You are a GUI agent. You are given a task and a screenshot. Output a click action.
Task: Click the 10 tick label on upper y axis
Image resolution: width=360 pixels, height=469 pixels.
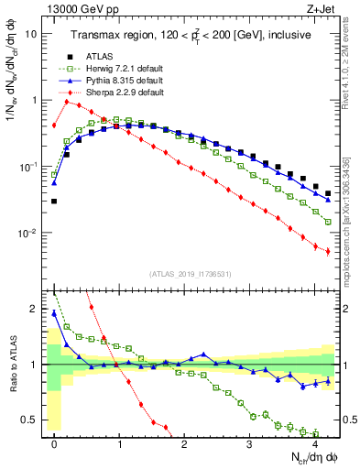point(31,33)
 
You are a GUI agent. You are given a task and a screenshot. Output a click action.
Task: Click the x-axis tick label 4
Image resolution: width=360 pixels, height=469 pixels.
point(315,443)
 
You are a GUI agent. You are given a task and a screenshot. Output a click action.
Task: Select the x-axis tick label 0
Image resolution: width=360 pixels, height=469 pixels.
point(55,443)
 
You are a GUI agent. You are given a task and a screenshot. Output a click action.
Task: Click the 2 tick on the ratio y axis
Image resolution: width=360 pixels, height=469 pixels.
point(35,309)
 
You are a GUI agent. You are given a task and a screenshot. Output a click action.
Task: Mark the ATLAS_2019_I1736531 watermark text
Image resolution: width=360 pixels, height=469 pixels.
point(189,275)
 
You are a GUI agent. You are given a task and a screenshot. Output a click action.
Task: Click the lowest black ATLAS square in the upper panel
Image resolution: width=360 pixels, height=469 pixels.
point(54,201)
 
